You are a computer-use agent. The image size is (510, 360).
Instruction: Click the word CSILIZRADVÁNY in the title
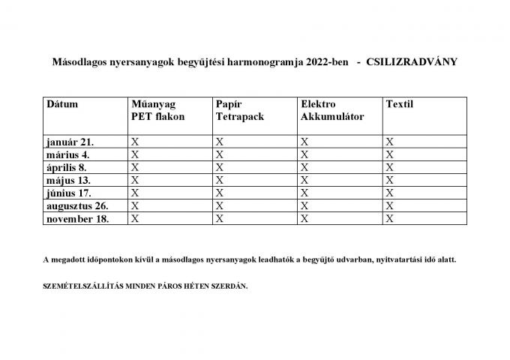pyautogui.click(x=412, y=61)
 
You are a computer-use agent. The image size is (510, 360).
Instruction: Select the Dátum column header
pyautogui.click(x=62, y=104)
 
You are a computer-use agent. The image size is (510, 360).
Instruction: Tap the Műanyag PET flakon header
pyautogui.click(x=157, y=110)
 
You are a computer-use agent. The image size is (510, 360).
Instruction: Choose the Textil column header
pyautogui.click(x=399, y=104)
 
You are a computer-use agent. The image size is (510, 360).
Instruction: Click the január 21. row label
pyautogui.click(x=70, y=141)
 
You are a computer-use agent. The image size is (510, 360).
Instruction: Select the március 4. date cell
pyautogui.click(x=69, y=154)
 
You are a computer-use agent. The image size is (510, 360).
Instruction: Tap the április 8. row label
pyautogui.click(x=67, y=167)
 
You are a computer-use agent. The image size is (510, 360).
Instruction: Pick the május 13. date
pyautogui.click(x=68, y=180)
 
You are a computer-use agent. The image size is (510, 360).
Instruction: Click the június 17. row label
pyautogui.click(x=69, y=193)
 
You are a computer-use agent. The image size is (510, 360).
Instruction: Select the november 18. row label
pyautogui.click(x=77, y=219)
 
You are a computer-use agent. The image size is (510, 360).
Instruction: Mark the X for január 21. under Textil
pyautogui.click(x=389, y=141)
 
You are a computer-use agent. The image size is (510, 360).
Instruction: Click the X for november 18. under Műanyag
pyautogui.click(x=135, y=219)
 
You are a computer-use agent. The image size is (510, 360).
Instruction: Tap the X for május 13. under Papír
pyautogui.click(x=220, y=180)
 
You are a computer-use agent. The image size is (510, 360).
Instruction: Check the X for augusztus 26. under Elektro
pyautogui.click(x=304, y=205)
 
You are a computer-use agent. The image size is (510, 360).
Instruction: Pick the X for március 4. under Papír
pyautogui.click(x=220, y=154)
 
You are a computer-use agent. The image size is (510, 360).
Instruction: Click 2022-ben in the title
pyautogui.click(x=327, y=61)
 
